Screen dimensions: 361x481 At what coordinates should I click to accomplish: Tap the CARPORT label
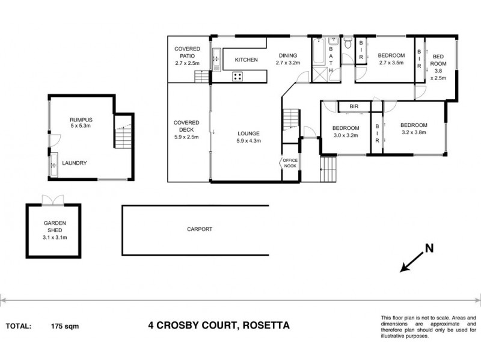[x=200, y=229]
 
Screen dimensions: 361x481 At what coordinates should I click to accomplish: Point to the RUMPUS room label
[x=79, y=122]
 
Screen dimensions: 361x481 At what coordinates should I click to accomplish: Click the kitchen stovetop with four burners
[x=237, y=76]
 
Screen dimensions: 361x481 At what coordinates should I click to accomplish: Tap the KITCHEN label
[x=247, y=60]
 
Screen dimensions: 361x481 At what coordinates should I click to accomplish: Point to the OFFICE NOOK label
[x=290, y=162]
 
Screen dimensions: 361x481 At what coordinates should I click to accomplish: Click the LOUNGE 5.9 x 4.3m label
[x=248, y=137]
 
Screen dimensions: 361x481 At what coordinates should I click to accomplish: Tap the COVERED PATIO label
[x=187, y=55]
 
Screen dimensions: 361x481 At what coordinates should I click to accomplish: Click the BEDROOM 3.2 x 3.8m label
[x=414, y=129]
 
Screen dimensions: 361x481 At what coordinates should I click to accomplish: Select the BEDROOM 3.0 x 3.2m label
[x=346, y=132]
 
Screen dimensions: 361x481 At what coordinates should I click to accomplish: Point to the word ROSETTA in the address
[x=265, y=326]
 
